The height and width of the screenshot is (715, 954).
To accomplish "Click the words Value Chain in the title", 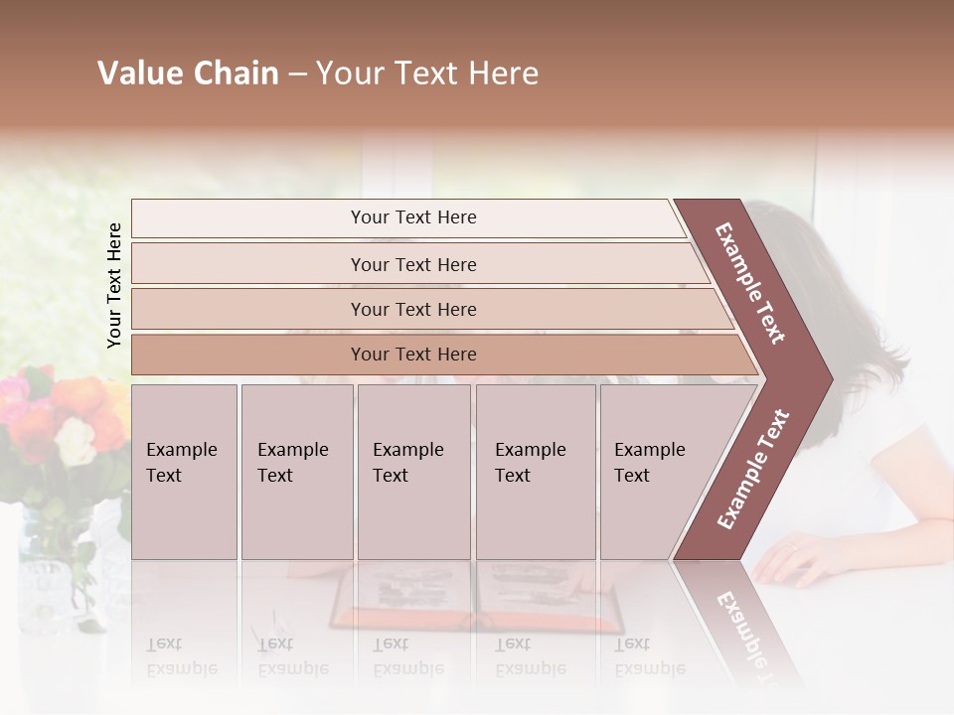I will [188, 73].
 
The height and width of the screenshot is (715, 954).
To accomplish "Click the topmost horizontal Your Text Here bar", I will [412, 217].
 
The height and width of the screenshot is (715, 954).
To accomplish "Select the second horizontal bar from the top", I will [412, 264].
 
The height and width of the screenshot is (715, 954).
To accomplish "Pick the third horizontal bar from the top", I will [412, 309].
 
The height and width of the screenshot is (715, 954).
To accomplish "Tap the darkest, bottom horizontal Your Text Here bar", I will [412, 355].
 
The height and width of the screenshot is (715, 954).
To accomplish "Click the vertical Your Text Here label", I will [114, 285].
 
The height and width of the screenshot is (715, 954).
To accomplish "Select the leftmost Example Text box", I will [184, 472].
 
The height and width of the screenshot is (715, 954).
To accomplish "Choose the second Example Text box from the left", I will [296, 472].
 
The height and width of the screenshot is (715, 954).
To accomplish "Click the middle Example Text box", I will [413, 472].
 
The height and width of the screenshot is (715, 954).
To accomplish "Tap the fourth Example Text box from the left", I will [535, 472].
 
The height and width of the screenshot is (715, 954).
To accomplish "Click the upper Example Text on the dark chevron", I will [751, 282].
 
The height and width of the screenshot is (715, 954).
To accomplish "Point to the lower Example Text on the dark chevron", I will [753, 469].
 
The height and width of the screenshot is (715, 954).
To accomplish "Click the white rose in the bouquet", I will [77, 440].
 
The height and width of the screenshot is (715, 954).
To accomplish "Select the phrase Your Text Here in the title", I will [427, 73].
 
